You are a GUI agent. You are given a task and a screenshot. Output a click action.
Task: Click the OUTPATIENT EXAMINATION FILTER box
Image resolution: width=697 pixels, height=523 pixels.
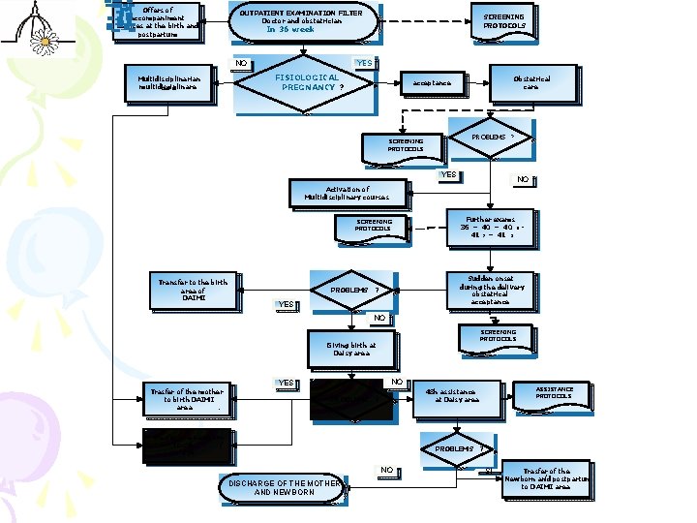pos(301,21)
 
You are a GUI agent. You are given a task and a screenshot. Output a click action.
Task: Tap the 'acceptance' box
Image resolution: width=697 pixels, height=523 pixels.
pos(432,83)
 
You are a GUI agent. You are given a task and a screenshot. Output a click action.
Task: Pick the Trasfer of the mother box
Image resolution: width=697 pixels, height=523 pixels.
pos(186,399)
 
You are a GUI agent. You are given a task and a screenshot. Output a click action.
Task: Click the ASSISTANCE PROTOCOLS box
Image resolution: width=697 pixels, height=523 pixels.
pos(554,393)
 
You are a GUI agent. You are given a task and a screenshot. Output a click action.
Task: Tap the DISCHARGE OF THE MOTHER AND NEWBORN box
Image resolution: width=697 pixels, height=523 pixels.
pos(284,487)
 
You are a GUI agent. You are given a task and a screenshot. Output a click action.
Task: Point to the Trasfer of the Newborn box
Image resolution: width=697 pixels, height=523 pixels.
pos(546,478)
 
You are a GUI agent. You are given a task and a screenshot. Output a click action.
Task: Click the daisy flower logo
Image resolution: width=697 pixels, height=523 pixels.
pos(43,39)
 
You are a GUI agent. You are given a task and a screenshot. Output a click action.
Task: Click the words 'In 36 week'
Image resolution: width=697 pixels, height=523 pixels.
pos(290,29)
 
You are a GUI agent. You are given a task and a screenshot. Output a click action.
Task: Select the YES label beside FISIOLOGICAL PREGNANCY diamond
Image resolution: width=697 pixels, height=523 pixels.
pos(364,64)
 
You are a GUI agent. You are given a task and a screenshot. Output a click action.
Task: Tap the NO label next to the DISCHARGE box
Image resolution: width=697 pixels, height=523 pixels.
pos(387,470)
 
